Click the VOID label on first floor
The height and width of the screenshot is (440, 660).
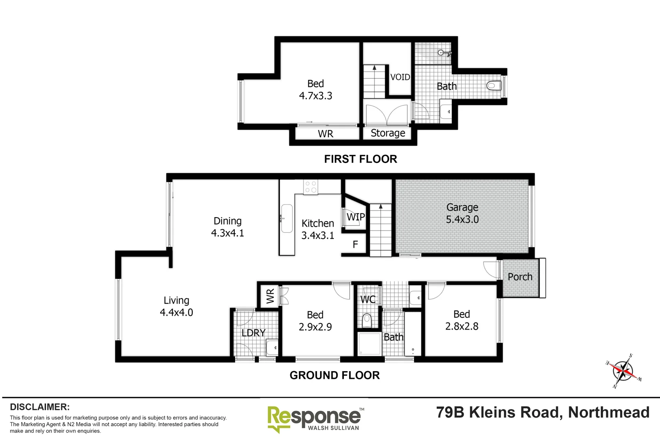400,77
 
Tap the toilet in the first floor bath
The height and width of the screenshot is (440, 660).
493,86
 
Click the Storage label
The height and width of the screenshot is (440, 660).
388,133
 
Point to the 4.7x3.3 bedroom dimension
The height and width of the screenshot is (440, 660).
315,96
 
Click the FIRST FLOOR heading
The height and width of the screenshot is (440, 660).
360,159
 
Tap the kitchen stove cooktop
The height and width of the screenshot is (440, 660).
311,187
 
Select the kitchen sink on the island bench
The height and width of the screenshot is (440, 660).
286,218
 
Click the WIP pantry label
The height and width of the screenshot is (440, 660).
355,217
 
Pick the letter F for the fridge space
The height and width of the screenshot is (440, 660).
355,244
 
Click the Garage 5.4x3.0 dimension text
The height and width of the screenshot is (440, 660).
462,219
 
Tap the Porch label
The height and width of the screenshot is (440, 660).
520,277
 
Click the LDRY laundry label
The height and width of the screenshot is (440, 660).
253,333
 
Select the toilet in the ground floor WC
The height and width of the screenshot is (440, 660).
367,320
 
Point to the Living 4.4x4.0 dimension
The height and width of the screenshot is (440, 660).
176,312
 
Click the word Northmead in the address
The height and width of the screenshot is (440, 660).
609,412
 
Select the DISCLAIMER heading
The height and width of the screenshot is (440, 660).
40,407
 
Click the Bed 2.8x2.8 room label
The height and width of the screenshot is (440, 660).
462,320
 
